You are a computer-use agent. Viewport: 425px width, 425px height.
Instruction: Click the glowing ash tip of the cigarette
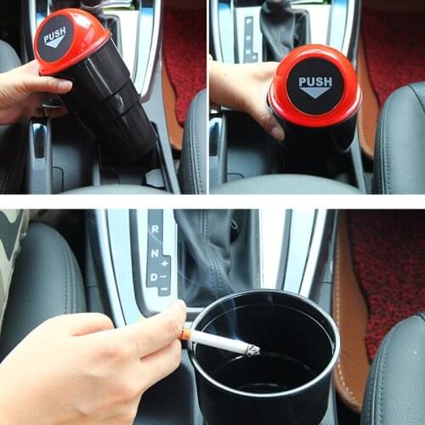click(x=252, y=349)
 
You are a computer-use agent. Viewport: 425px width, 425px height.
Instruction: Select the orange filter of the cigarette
click(x=185, y=335)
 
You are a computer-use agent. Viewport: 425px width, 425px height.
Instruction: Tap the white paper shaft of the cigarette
click(x=217, y=342)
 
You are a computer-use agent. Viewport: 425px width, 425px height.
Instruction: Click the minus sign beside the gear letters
click(x=164, y=289)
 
